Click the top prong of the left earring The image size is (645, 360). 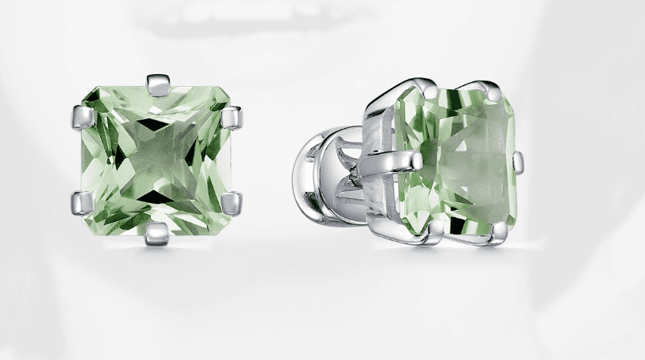tap(158, 84)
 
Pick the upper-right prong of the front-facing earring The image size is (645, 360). tap(231, 117)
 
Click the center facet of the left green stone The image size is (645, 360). tap(157, 158)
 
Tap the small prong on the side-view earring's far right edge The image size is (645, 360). tap(517, 162)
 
